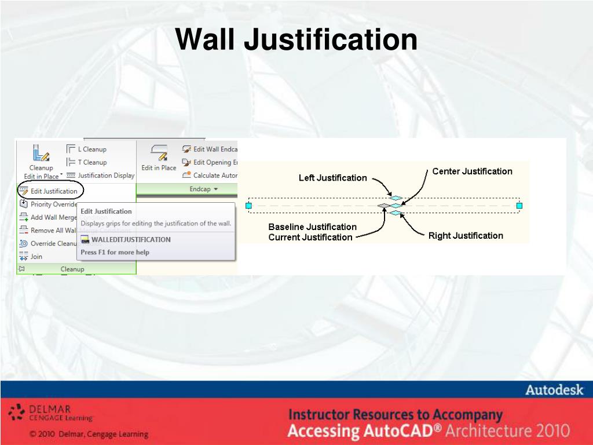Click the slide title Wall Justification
coord(296,40)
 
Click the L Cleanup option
coord(91,149)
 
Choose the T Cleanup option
coord(91,162)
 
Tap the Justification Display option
coord(105,176)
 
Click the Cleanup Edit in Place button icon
coord(41,154)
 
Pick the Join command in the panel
coord(36,257)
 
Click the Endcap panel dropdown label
coord(203,189)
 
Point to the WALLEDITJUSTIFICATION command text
coord(130,239)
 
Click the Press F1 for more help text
coord(115,252)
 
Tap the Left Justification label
coord(332,178)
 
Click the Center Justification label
coord(472,172)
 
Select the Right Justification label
coord(466,235)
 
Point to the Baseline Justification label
coord(312,227)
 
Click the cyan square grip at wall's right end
coord(519,206)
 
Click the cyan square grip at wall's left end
coord(249,206)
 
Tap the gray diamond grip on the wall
coord(383,206)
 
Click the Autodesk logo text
coord(554,391)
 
